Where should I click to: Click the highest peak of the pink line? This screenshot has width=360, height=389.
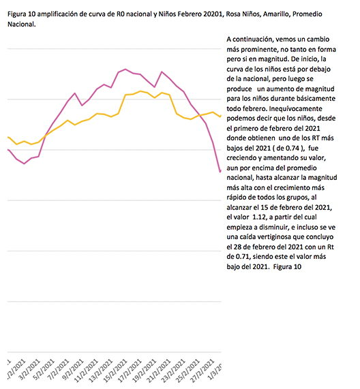[125, 69]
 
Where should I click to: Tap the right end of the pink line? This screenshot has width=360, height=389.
[220, 171]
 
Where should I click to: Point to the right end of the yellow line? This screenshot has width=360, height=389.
[221, 116]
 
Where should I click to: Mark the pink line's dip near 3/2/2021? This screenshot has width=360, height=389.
[24, 164]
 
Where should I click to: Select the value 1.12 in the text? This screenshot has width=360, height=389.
[259, 217]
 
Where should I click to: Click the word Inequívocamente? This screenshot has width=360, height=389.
[295, 109]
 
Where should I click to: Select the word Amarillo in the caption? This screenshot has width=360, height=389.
[276, 14]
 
